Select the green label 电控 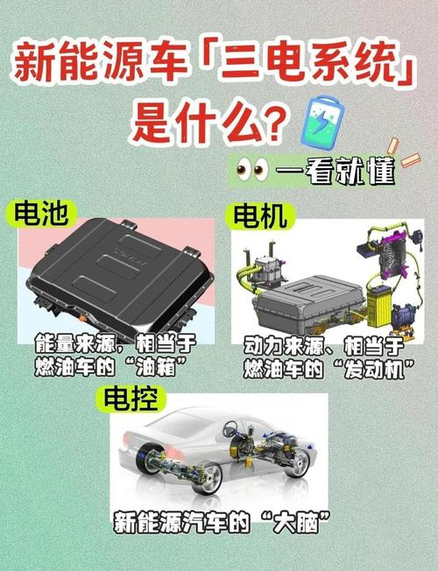point(131,398)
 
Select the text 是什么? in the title point(208,122)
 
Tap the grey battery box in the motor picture point(311,298)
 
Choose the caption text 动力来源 point(283,341)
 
